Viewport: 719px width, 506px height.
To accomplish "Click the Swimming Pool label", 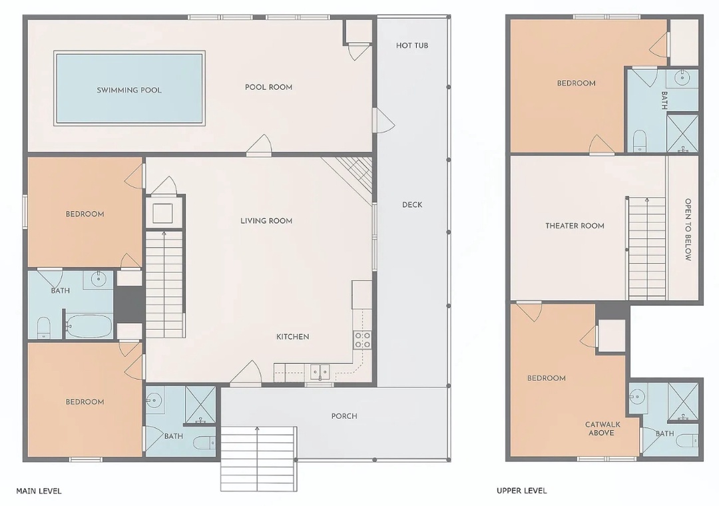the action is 129,90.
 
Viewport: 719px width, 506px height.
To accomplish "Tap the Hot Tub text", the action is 412,45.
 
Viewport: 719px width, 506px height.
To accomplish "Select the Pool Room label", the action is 268,87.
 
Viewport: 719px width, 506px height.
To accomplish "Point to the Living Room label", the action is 266,220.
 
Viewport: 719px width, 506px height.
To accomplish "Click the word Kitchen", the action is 292,337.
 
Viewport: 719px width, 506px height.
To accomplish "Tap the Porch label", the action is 344,416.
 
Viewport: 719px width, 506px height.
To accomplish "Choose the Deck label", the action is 412,204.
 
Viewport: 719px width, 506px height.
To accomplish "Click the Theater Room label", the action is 575,226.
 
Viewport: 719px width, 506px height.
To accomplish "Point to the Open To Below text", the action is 688,230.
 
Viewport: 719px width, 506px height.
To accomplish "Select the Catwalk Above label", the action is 601,429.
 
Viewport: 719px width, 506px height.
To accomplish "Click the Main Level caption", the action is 39,491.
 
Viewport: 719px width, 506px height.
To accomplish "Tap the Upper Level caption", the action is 521,491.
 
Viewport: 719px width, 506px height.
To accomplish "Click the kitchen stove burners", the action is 362,340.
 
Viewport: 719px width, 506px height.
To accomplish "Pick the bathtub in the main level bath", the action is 89,326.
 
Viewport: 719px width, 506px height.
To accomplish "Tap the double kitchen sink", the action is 320,372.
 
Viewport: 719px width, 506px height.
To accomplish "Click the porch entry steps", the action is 258,458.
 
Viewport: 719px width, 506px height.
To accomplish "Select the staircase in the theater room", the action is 646,248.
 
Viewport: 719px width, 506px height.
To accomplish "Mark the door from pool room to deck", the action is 384,120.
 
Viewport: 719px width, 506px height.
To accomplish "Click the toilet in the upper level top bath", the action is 639,140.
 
